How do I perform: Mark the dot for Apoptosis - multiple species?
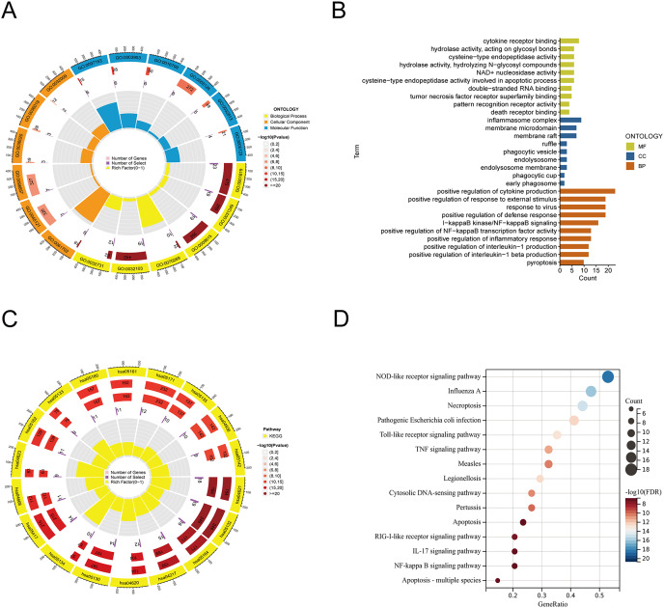pos(497,581)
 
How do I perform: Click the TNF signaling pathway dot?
pos(548,450)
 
